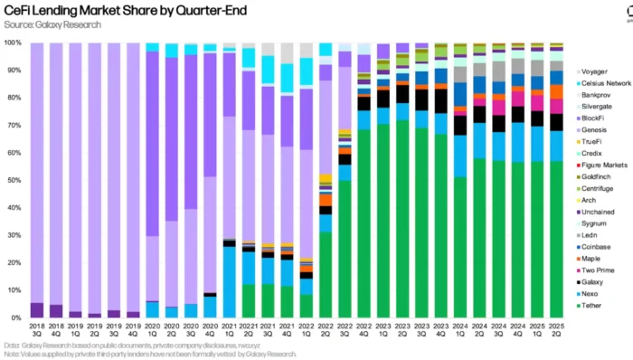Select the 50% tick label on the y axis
14,180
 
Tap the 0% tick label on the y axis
16,318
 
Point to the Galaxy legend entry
596,283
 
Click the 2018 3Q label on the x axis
36,331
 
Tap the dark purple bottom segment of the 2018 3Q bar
36,310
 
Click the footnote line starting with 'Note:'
149,354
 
